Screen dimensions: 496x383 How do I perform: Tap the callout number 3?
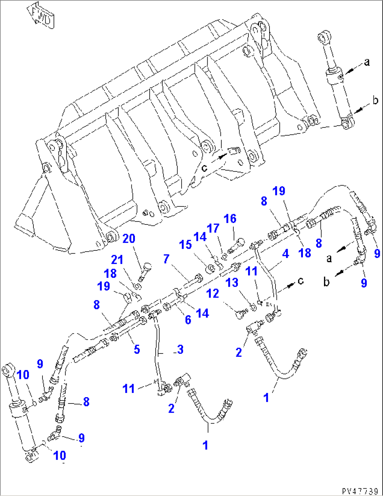[180, 349]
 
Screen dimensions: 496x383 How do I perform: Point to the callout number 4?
[285, 254]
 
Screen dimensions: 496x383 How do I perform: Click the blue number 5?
[137, 349]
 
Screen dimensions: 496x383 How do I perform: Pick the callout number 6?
[188, 319]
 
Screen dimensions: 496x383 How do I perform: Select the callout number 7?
[166, 259]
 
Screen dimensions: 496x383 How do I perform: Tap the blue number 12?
[213, 293]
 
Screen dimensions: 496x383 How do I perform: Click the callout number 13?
[232, 282]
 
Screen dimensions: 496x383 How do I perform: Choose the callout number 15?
[186, 244]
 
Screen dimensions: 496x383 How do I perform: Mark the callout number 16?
[230, 219]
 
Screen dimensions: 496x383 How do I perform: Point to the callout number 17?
[213, 229]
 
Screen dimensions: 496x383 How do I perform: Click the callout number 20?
[129, 239]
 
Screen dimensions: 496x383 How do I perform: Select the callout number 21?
[117, 260]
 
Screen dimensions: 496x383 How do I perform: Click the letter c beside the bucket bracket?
[205, 168]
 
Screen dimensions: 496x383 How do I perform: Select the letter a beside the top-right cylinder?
[367, 62]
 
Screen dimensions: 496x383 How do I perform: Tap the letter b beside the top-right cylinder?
[375, 100]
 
